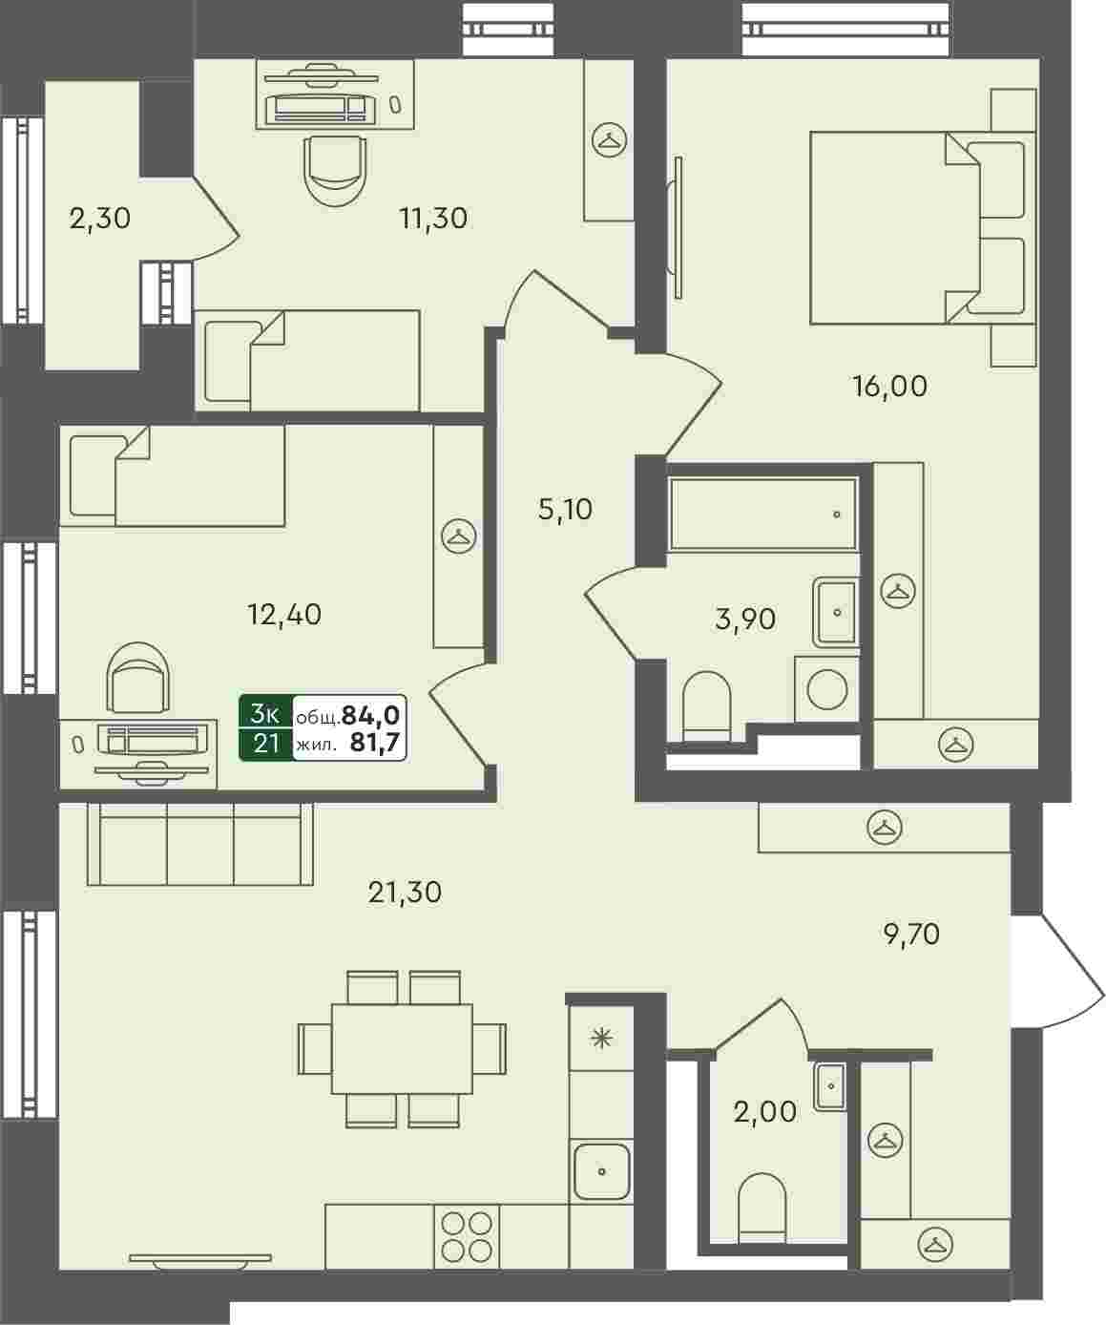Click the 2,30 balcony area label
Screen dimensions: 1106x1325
(99, 219)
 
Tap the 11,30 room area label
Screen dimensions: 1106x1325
(433, 219)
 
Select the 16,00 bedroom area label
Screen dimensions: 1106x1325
(889, 387)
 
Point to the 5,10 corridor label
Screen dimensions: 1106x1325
(565, 509)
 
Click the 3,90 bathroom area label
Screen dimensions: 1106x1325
(745, 619)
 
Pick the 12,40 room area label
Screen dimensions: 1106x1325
(284, 614)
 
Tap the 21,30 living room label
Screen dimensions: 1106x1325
(405, 893)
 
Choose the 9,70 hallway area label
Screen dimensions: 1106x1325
(911, 935)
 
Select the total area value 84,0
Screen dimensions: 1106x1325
(370, 715)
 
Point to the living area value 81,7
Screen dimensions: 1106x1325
(375, 742)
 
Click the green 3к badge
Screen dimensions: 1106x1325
(266, 714)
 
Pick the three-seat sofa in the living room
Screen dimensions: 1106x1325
(199, 845)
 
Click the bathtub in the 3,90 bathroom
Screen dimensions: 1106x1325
(763, 514)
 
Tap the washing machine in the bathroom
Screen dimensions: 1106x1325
(826, 689)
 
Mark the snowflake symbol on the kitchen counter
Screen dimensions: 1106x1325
(602, 1039)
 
